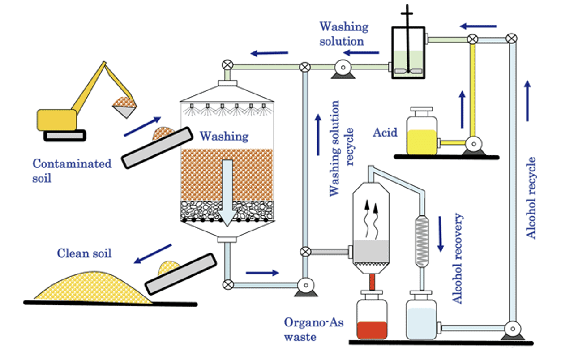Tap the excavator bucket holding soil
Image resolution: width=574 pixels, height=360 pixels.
pyautogui.click(x=125, y=107)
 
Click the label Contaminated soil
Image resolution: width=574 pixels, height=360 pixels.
pyautogui.click(x=72, y=170)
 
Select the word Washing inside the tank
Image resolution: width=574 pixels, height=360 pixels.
pyautogui.click(x=224, y=136)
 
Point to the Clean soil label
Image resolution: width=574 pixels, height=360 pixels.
pyautogui.click(x=84, y=253)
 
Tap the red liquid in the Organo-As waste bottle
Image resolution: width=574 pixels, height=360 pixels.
pyautogui.click(x=371, y=330)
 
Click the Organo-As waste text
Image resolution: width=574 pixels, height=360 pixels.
pyautogui.click(x=313, y=329)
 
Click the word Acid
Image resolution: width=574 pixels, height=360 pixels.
pyautogui.click(x=385, y=133)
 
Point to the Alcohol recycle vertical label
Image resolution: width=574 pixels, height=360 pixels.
pyautogui.click(x=531, y=197)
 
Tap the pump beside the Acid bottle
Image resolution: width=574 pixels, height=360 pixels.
pyautogui.click(x=472, y=144)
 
